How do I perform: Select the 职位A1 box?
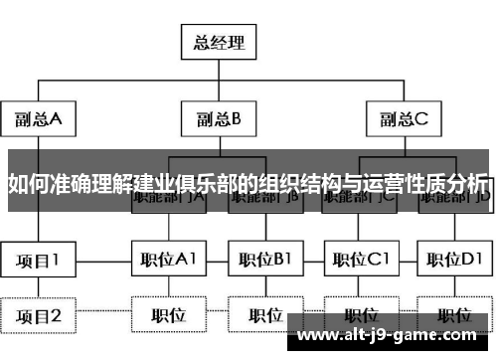tap(168, 261)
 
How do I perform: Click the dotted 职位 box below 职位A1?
tap(168, 316)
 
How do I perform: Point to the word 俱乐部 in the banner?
tap(199, 183)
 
